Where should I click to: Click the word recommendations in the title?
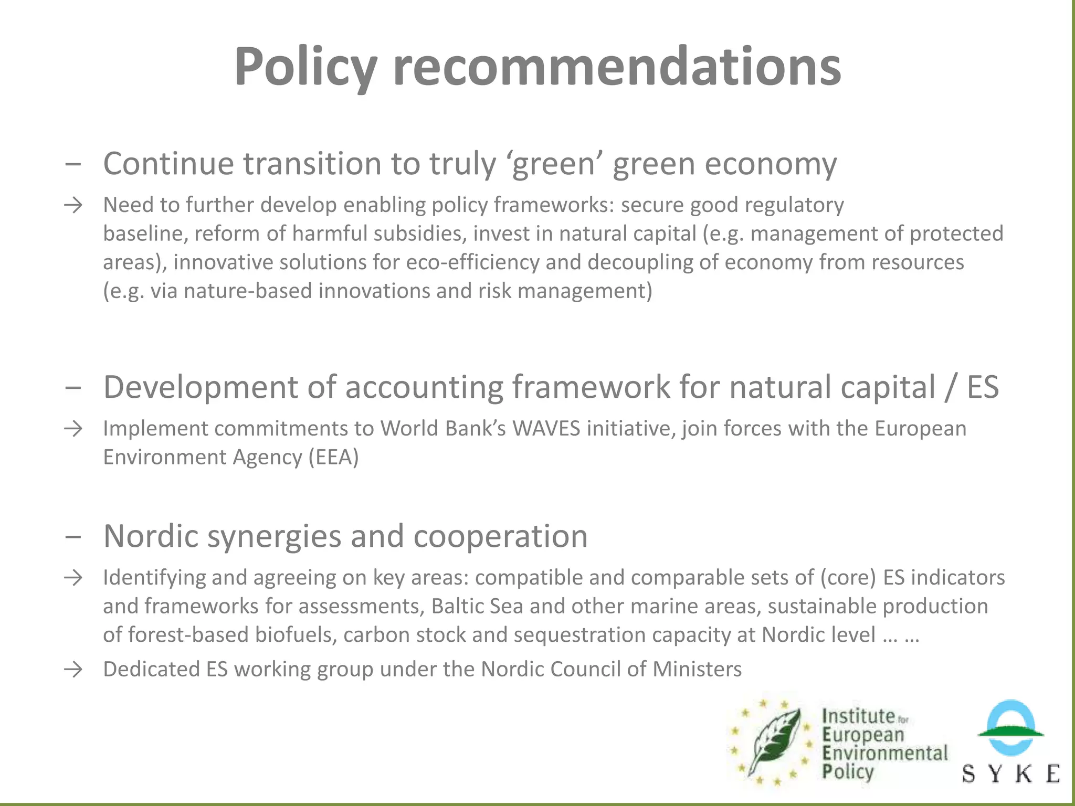coord(617,67)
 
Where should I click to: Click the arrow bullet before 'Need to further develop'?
coord(73,205)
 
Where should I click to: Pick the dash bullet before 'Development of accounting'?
coord(73,388)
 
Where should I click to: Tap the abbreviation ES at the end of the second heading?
coord(983,387)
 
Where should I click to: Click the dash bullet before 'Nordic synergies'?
coord(73,537)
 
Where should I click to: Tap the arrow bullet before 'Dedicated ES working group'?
coord(73,670)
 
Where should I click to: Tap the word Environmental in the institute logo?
coord(885,754)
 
